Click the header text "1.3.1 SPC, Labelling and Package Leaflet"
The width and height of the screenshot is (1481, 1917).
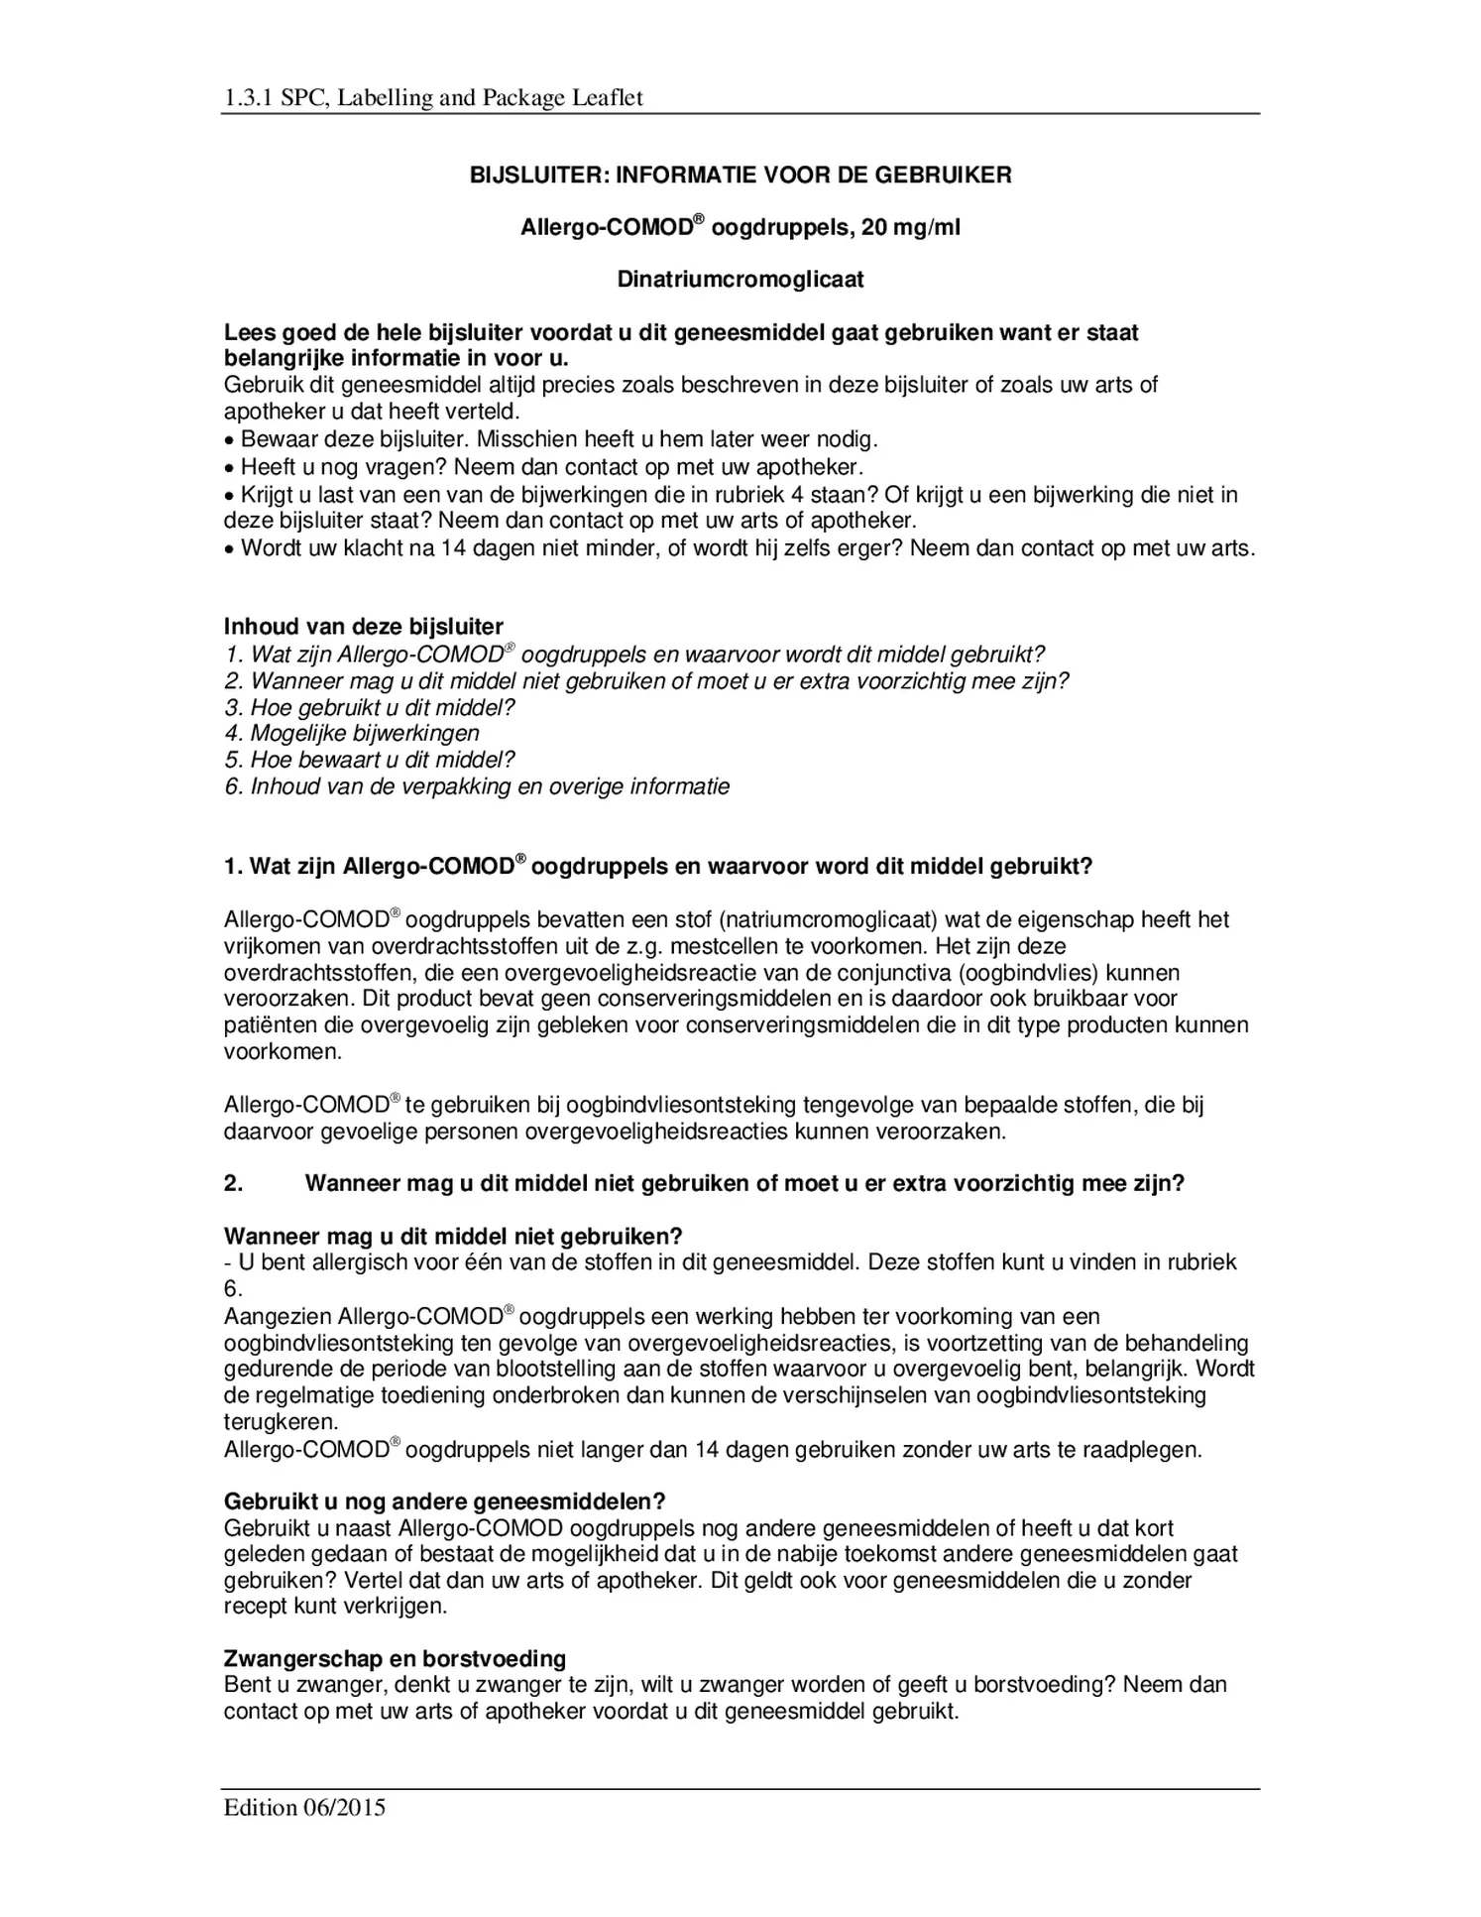tap(433, 98)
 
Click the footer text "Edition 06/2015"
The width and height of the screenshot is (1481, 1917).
tap(304, 1807)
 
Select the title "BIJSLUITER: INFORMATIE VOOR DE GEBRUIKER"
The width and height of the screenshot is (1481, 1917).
tap(740, 176)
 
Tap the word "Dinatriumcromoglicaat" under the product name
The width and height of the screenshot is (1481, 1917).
tap(740, 280)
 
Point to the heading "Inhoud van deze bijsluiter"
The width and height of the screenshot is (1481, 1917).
tap(363, 627)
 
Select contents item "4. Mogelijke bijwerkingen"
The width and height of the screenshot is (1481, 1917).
tap(351, 734)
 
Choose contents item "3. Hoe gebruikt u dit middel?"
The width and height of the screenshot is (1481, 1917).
tap(369, 708)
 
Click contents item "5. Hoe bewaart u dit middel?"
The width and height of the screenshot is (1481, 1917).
tap(369, 761)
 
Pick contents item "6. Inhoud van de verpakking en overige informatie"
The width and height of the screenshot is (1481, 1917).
tap(476, 787)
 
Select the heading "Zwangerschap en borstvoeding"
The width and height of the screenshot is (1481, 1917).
tap(395, 1658)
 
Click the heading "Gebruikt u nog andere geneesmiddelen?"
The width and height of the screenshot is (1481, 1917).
tap(444, 1501)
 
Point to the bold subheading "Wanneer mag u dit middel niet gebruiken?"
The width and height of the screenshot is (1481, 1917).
tap(453, 1237)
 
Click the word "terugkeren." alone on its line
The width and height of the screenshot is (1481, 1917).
tap(281, 1422)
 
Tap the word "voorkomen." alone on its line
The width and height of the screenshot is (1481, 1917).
tap(283, 1052)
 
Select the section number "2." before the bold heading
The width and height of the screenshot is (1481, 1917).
tap(233, 1184)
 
